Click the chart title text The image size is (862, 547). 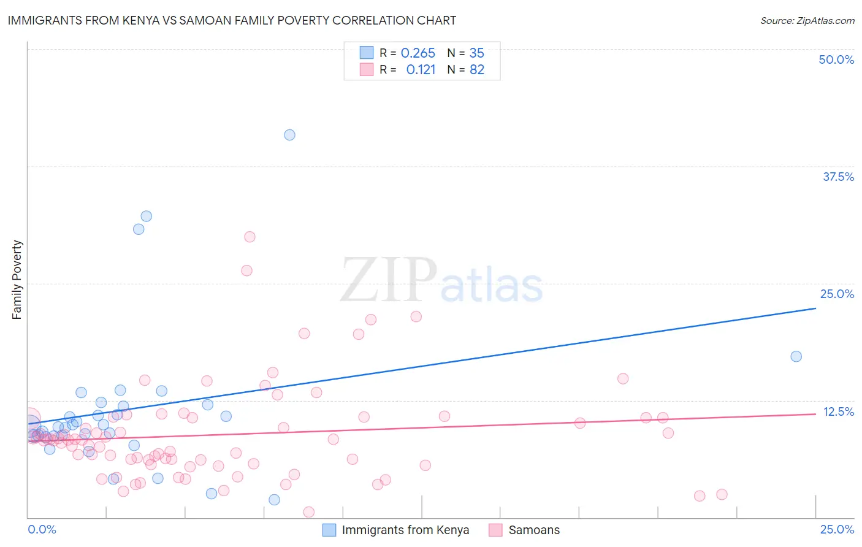point(232,20)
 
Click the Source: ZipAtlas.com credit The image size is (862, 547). point(807,20)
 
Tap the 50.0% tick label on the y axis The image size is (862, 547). point(836,59)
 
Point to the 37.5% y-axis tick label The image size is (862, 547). point(838,177)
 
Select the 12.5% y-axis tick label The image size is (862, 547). point(838,411)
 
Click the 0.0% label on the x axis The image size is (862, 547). point(42,529)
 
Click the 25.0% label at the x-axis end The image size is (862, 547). point(837,529)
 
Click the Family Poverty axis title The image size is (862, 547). point(17,280)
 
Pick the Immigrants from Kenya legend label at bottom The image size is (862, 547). point(405,530)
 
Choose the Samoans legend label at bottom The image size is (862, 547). point(534,530)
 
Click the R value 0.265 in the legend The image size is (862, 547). point(418,53)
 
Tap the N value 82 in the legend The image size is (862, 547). point(477,70)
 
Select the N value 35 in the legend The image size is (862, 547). point(476,53)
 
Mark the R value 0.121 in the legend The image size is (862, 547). point(421,70)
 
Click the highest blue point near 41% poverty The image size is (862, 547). point(289,135)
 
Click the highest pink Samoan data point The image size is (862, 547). point(250,237)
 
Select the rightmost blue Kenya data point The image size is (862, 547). point(796,356)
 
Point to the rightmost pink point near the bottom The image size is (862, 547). point(722,494)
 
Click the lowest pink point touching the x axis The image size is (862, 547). point(309,512)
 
